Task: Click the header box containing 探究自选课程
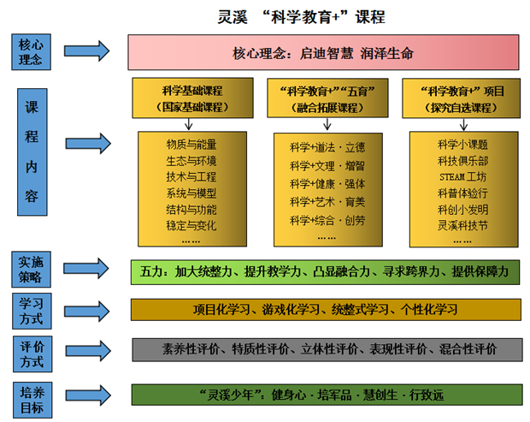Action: click(x=463, y=98)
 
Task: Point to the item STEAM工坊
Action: click(x=462, y=176)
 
